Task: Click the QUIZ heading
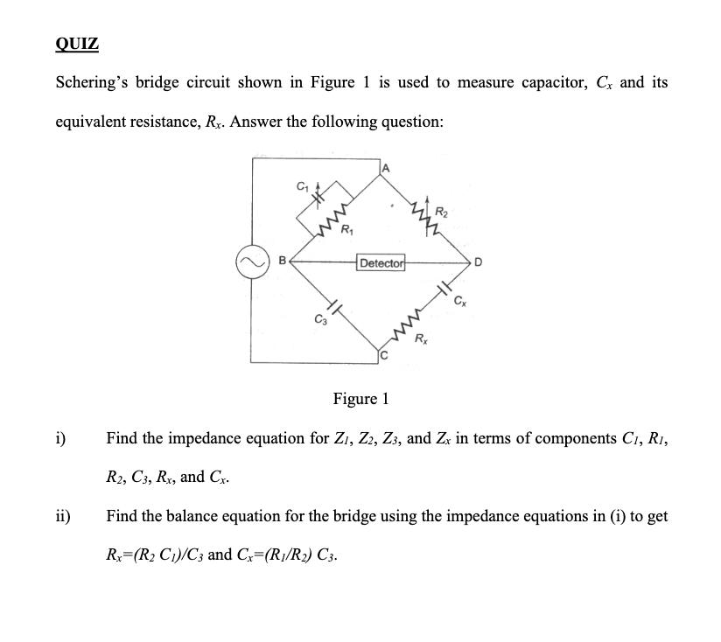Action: (x=77, y=44)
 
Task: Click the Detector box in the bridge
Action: (x=381, y=262)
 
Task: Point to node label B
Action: (x=282, y=260)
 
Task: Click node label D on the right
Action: (x=479, y=262)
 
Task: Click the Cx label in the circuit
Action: (x=459, y=303)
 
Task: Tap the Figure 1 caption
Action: (x=360, y=399)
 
